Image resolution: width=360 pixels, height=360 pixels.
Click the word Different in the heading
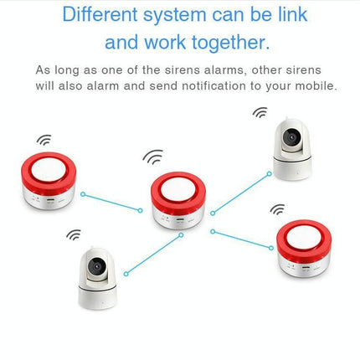coord(107,14)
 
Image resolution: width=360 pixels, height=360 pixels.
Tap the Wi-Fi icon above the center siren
coord(152,156)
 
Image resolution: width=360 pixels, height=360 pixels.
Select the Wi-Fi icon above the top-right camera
coord(261,111)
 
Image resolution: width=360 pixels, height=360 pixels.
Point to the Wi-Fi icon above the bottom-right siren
coord(277,209)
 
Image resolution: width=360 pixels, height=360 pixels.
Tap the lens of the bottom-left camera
coord(96,269)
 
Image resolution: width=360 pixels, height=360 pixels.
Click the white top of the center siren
coord(179,185)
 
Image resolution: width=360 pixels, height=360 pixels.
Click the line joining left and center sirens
coord(111,202)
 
